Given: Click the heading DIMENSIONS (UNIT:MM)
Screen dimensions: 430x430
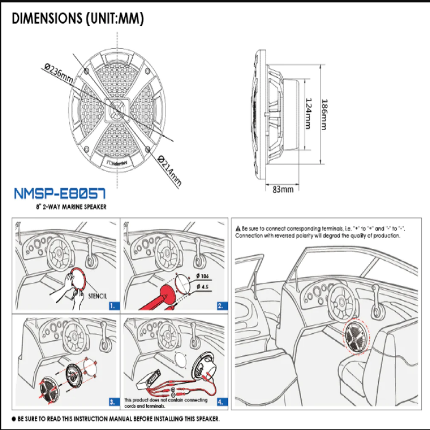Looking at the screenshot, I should pyautogui.click(x=78, y=19).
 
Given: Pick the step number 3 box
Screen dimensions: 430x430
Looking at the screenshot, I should pyautogui.click(x=112, y=401).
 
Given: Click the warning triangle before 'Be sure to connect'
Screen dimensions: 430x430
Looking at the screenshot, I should pyautogui.click(x=239, y=228).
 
